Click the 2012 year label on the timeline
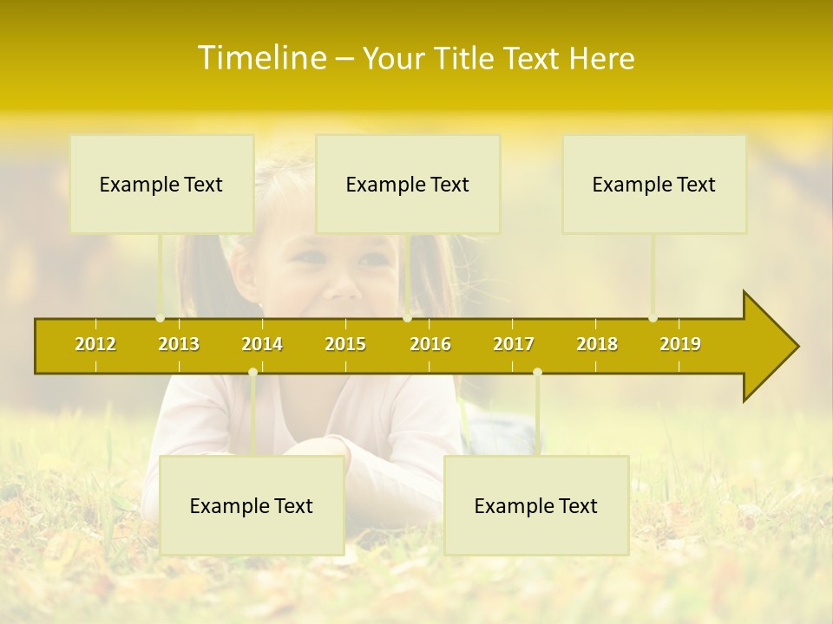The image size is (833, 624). click(x=95, y=344)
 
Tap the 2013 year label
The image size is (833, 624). click(x=179, y=344)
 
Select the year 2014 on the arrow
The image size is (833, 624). click(x=262, y=344)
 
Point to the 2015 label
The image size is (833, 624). click(x=345, y=344)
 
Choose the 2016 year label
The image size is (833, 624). click(x=430, y=344)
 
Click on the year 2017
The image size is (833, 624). click(x=514, y=344)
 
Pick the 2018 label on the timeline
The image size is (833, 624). click(x=597, y=344)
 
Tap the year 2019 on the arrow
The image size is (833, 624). click(x=680, y=344)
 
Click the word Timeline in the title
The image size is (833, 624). click(x=260, y=58)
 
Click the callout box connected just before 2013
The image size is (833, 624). click(x=161, y=184)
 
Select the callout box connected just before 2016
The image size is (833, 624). click(x=408, y=184)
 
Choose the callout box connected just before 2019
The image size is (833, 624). click(x=654, y=184)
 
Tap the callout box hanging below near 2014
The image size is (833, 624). click(x=252, y=505)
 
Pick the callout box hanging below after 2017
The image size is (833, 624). click(x=536, y=505)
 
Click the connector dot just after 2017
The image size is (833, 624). click(x=537, y=373)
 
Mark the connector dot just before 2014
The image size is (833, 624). click(x=253, y=373)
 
